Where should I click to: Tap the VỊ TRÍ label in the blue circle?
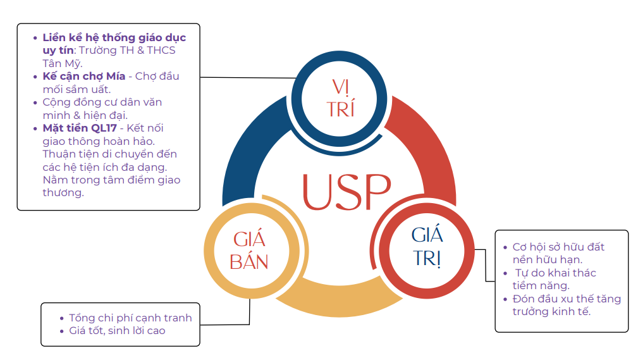tap(341, 97)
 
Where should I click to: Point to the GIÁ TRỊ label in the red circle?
tap(427, 247)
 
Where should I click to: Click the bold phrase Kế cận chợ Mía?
tap(84, 77)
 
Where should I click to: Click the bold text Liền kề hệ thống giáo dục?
tap(114, 38)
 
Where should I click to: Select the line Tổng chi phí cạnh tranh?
tap(130, 318)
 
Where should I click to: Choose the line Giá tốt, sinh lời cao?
tap(117, 330)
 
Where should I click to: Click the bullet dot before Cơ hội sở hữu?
tap(505, 247)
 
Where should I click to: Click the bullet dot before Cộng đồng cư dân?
tap(35, 102)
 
